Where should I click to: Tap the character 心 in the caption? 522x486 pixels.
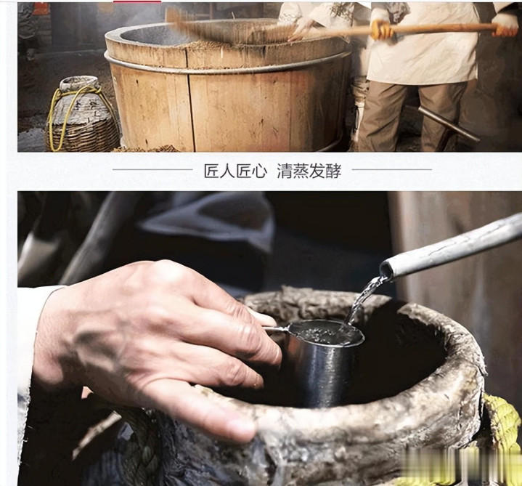tap(259, 171)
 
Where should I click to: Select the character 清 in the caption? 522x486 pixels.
tap(285, 171)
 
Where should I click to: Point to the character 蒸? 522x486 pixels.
tap(301, 171)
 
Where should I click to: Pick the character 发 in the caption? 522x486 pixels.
tap(317, 171)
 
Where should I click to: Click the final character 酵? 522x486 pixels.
tap(333, 171)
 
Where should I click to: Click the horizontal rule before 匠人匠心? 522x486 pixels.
tap(152, 169)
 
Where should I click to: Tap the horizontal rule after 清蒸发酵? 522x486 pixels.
tap(392, 169)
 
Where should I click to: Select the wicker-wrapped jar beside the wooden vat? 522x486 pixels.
tap(81, 114)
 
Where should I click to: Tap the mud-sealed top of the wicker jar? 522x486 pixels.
tap(80, 84)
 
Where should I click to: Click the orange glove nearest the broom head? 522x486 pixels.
tap(382, 29)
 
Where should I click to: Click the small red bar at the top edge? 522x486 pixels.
tap(137, 1)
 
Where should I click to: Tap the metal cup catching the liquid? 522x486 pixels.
tap(323, 362)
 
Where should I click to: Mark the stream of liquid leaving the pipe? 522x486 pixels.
tap(364, 300)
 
